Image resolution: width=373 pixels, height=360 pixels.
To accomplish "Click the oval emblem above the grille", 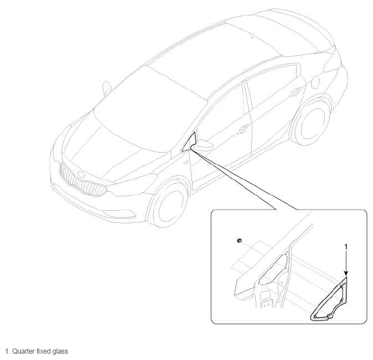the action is coord(81,175).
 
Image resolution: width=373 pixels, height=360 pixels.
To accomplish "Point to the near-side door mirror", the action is coord(203,145).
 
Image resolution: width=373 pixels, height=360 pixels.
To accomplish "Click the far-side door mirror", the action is coord(107,88).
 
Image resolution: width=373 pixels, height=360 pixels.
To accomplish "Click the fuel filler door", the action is coord(316,82).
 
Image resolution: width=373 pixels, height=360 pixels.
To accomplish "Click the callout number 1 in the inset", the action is coord(346,247).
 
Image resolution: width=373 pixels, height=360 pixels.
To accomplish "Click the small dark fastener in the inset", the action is coord(239,240).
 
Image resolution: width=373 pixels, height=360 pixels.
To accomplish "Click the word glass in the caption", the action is coord(60,351).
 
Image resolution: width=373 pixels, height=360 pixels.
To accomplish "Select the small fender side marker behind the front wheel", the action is coord(186,162).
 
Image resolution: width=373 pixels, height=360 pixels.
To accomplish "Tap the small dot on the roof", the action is coord(252,37).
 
